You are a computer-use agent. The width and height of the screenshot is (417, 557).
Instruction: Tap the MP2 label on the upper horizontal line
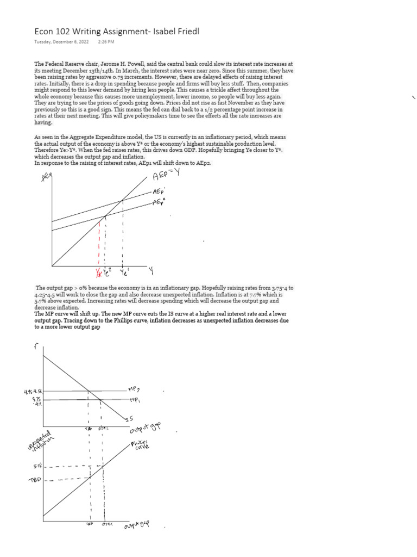[134, 389]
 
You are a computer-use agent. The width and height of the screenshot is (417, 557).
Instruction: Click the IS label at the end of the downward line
[129, 418]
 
